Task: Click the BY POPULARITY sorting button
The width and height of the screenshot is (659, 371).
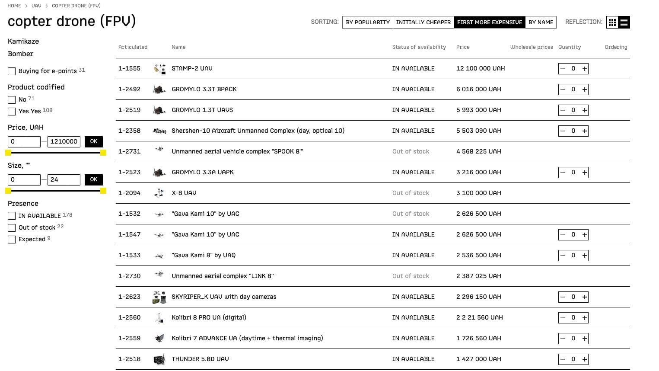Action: click(368, 22)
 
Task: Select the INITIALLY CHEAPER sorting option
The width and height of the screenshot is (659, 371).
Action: click(423, 22)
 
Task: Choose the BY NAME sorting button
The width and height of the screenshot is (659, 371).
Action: click(541, 22)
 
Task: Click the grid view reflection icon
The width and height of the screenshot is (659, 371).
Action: click(612, 22)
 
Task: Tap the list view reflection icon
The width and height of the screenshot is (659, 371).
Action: click(624, 22)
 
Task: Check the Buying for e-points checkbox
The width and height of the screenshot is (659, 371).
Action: click(12, 71)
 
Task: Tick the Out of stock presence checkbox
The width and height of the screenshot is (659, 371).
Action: click(12, 228)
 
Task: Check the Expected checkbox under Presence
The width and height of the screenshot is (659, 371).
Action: click(12, 240)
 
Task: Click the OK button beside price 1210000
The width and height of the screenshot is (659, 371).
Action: click(93, 141)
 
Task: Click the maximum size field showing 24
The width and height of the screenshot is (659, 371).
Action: click(64, 179)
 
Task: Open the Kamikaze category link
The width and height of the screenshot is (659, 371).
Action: click(23, 41)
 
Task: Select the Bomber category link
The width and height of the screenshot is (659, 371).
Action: click(20, 54)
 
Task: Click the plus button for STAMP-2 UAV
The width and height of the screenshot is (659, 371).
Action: click(584, 69)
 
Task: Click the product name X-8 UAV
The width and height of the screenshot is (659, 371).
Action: click(184, 193)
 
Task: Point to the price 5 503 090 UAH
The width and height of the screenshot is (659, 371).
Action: click(478, 131)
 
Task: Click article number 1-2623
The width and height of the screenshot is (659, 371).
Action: click(129, 297)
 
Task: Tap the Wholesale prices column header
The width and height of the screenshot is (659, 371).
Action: click(531, 47)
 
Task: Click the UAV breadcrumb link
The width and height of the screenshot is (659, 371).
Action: click(36, 6)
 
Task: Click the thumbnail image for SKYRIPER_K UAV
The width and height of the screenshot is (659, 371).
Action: click(159, 297)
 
